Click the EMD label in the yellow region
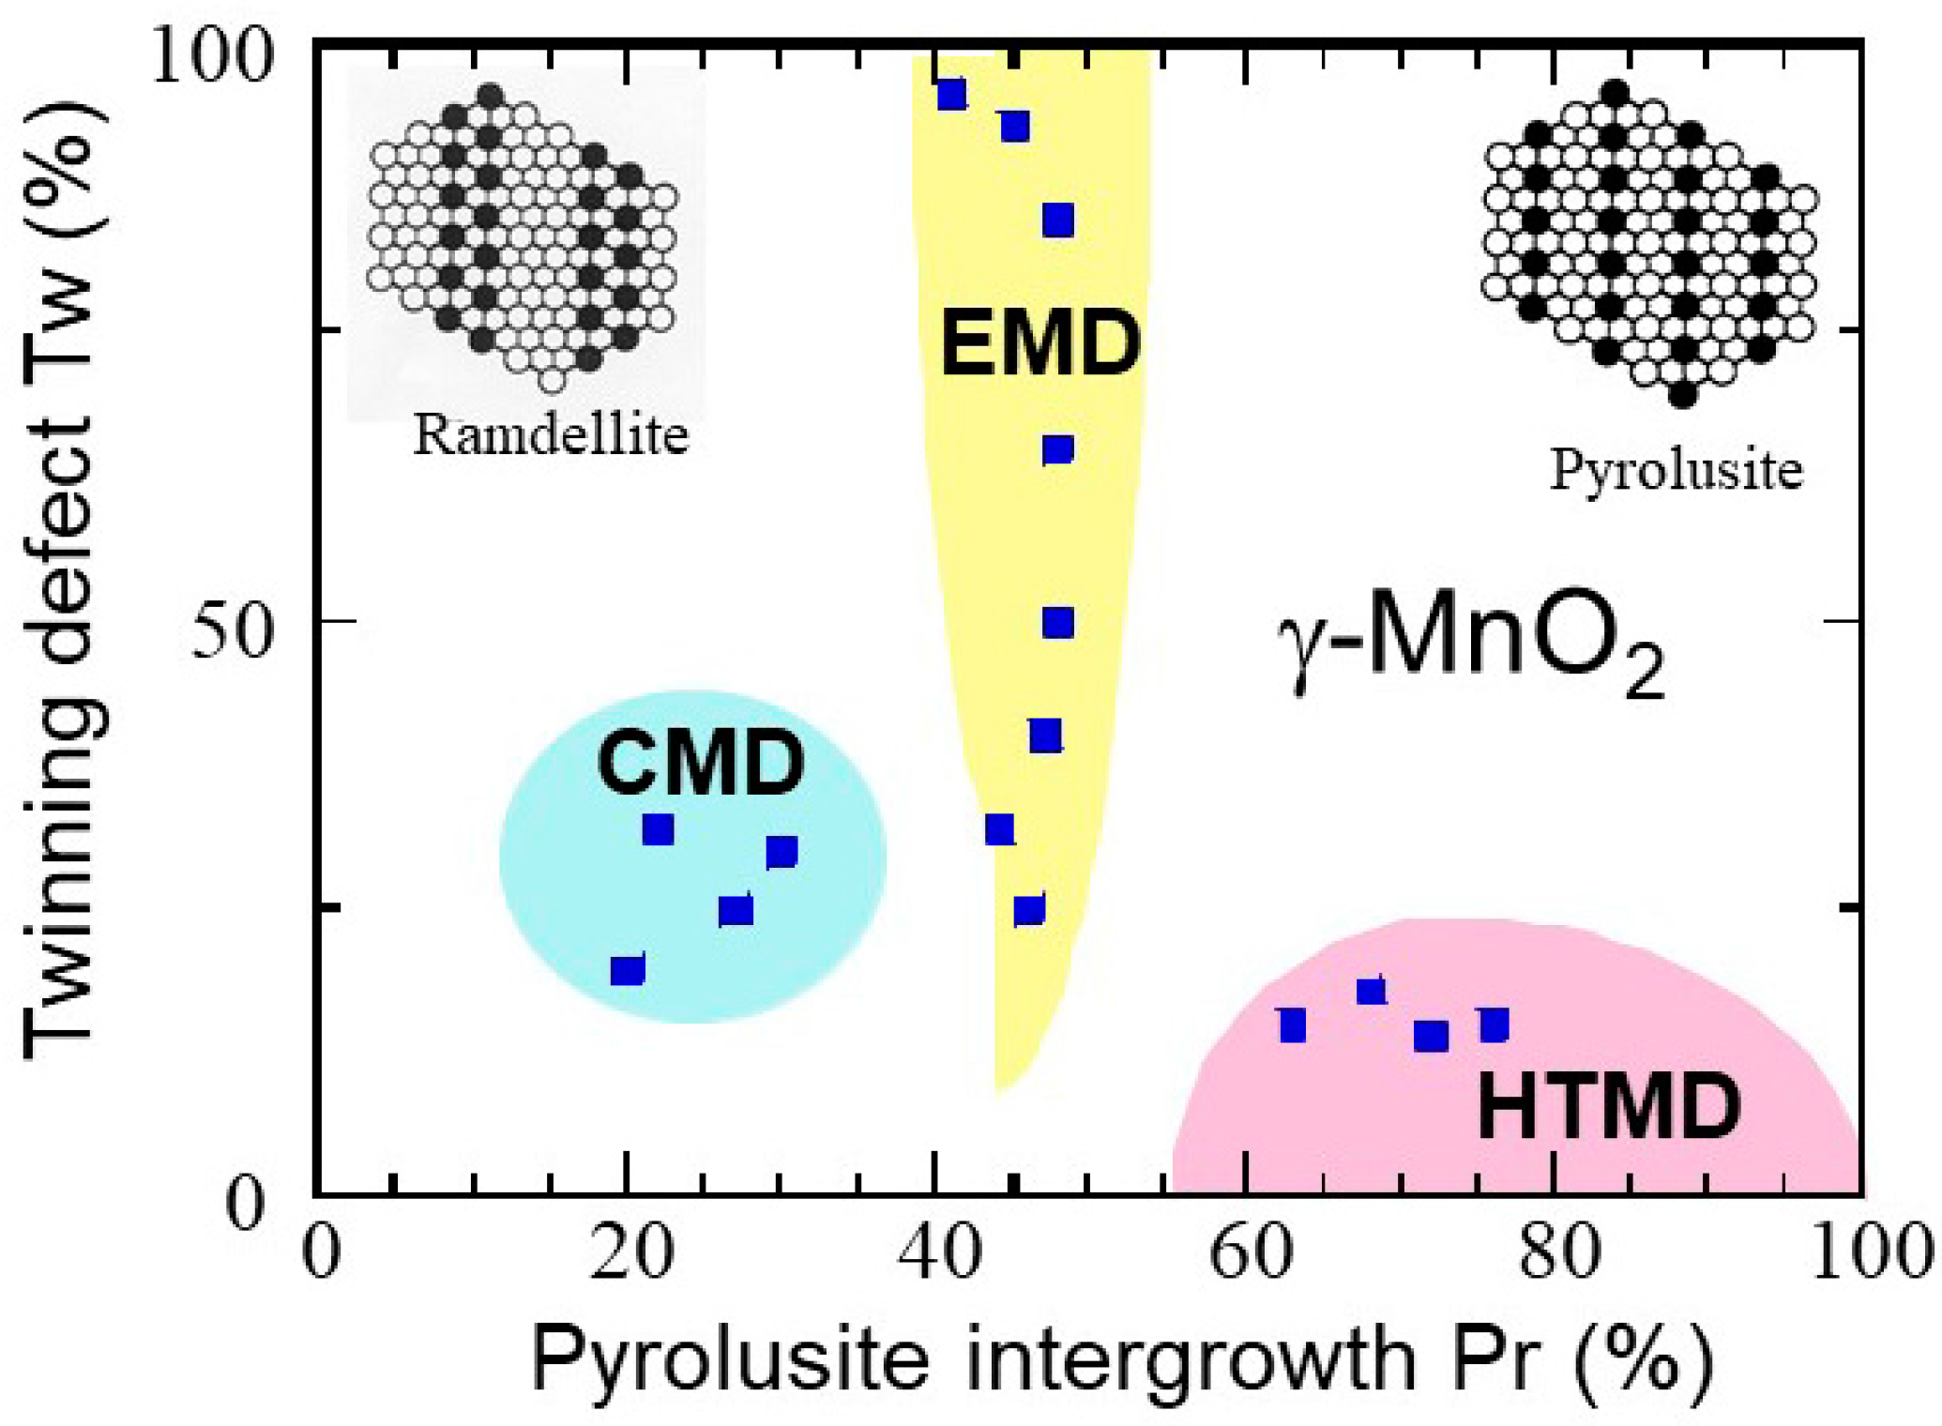click(1039, 343)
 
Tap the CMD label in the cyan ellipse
click(701, 762)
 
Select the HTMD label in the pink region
click(1609, 1107)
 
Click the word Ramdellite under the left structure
click(551, 435)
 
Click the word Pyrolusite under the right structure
click(1676, 469)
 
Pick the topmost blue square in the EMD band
click(951, 95)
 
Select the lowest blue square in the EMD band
click(1029, 910)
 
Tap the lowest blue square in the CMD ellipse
click(628, 970)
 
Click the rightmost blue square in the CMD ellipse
click(781, 852)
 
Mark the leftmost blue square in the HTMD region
click(1293, 1025)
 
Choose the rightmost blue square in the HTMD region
click(1494, 1025)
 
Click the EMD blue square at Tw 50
click(1058, 622)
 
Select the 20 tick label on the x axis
click(631, 1252)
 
